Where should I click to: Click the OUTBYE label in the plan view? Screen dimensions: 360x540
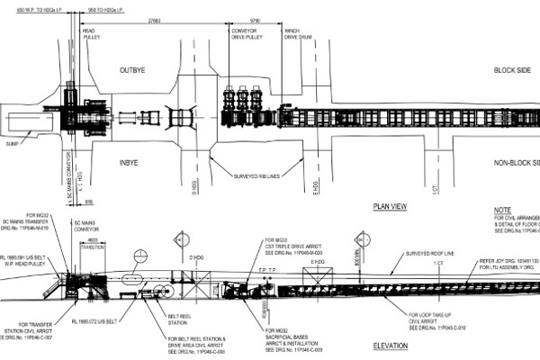pyautogui.click(x=140, y=68)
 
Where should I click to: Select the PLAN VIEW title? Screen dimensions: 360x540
pyautogui.click(x=391, y=206)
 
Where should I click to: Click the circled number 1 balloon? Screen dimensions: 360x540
pyautogui.click(x=139, y=255)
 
